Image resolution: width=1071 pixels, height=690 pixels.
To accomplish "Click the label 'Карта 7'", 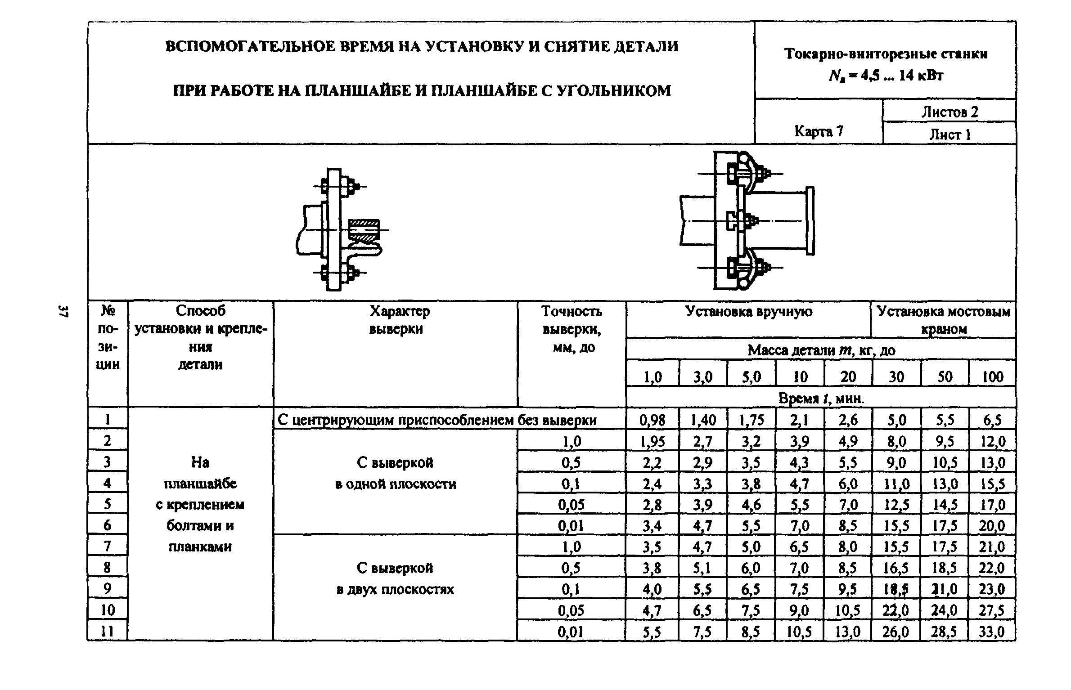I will coord(819,131).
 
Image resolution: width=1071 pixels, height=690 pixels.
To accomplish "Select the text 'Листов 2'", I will coord(949,112).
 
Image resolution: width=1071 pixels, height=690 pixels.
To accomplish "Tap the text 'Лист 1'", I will coord(950,134).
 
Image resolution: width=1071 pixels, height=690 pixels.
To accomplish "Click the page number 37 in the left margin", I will coord(63,311).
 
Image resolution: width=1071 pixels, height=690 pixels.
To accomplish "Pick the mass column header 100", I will coord(992,376).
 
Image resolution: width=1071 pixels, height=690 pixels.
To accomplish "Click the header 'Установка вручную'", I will coord(749,311).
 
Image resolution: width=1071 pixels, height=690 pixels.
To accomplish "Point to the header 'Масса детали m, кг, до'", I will coord(821,350).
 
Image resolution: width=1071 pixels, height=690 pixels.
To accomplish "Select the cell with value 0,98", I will coord(652,420).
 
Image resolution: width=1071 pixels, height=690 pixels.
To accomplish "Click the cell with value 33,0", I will coord(992,632).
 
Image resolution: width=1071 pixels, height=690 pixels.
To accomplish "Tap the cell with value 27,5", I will coord(992,611).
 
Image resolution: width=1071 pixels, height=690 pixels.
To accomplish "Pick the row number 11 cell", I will coord(107,631).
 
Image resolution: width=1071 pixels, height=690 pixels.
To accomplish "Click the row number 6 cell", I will coord(107,525).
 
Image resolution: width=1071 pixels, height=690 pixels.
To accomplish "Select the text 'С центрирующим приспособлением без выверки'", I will coord(437,420).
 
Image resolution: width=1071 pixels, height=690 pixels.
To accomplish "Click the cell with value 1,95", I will coord(652,442).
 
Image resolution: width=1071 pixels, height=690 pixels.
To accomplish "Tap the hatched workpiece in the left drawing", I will coord(364,231).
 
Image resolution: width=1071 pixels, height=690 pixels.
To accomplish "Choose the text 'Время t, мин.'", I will coord(821,398).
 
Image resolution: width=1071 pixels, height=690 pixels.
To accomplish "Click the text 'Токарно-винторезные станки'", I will coord(886,54).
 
